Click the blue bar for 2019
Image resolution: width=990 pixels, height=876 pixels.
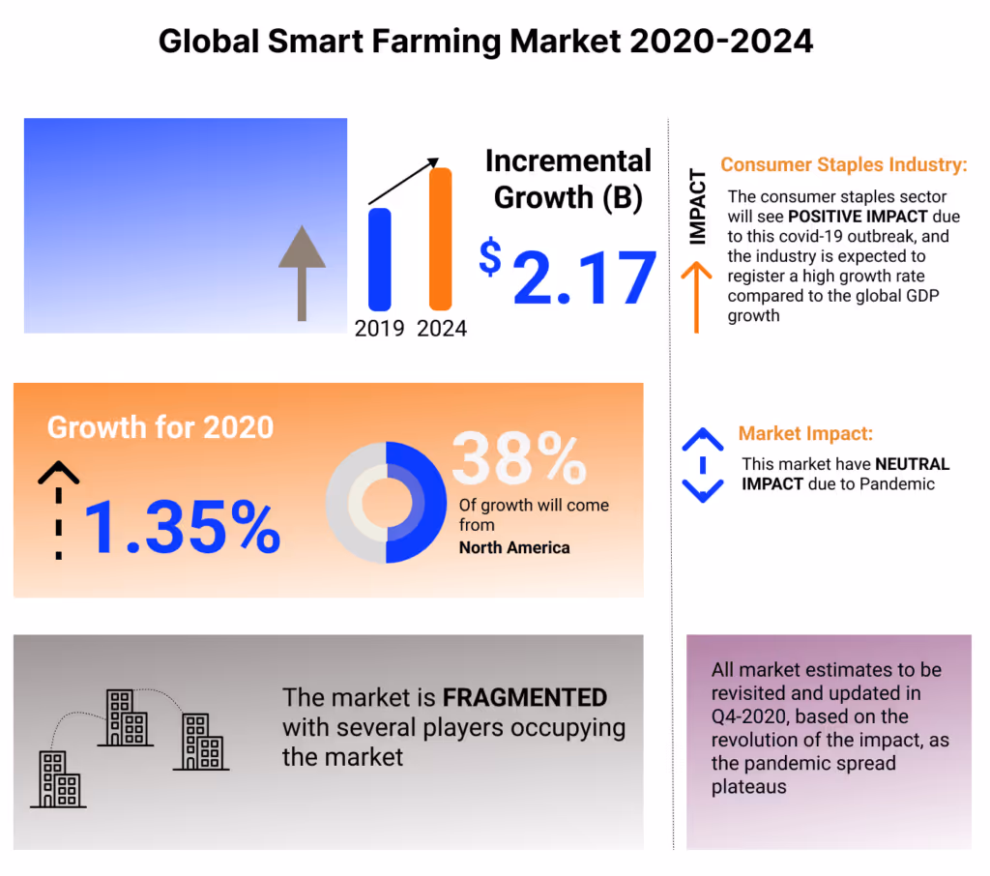point(379,259)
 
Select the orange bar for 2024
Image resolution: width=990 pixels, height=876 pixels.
point(441,239)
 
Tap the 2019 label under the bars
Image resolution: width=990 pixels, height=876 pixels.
point(380,328)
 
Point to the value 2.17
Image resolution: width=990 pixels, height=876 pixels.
point(584,278)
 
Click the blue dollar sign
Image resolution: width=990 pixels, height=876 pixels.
point(491,258)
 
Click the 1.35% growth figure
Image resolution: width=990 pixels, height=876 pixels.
point(183,526)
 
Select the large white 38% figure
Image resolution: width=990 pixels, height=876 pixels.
point(518,458)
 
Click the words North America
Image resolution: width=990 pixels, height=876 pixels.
point(514,547)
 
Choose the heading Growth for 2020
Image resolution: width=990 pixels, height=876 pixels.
point(160,427)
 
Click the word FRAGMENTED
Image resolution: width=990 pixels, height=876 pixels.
point(524,697)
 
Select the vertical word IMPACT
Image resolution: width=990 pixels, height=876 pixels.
point(697,207)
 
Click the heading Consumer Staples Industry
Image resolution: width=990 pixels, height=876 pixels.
point(843,165)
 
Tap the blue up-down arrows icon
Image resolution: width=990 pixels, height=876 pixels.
point(703,464)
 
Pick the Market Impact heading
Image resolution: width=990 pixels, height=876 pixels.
point(805,434)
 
